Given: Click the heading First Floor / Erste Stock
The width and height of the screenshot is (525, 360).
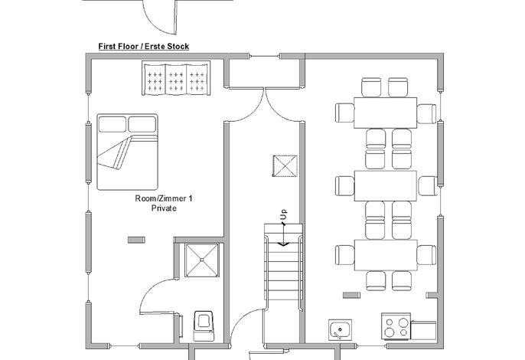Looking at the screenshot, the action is pos(144,46).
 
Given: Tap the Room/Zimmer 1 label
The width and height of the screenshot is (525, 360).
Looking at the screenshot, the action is pos(164,198).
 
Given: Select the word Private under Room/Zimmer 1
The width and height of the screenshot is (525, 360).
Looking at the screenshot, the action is pos(164,208).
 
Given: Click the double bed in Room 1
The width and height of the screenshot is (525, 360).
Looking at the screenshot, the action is pos(127,152).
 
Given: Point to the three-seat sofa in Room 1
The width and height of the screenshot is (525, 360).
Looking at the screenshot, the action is pos(176,78).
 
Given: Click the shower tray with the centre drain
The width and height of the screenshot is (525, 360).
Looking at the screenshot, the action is pos(202,260).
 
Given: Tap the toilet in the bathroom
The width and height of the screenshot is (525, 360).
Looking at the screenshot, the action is pos(204,326).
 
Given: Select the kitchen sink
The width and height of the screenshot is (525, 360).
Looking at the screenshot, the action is pos(340,330).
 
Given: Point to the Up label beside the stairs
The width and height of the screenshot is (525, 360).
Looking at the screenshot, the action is pos(284,214).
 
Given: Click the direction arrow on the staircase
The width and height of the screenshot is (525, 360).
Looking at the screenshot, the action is pos(284,234).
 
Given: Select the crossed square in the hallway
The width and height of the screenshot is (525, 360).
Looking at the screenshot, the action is pos(285,166).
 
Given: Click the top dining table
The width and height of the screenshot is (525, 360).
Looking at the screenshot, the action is pos(386,113).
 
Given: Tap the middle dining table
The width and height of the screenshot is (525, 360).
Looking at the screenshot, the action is pos(386,186).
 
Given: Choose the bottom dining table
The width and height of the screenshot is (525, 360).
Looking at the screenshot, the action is pos(386,255).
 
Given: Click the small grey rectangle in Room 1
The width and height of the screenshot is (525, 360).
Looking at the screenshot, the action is pos(136,240).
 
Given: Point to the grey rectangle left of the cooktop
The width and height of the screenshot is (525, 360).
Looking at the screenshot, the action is pos(351,295).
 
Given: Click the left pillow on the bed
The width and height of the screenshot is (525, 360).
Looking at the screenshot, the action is pos(112,124).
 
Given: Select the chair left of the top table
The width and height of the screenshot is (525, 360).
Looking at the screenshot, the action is pos(345,113).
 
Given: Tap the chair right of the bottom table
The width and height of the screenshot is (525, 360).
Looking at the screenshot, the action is pos(426,255).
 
